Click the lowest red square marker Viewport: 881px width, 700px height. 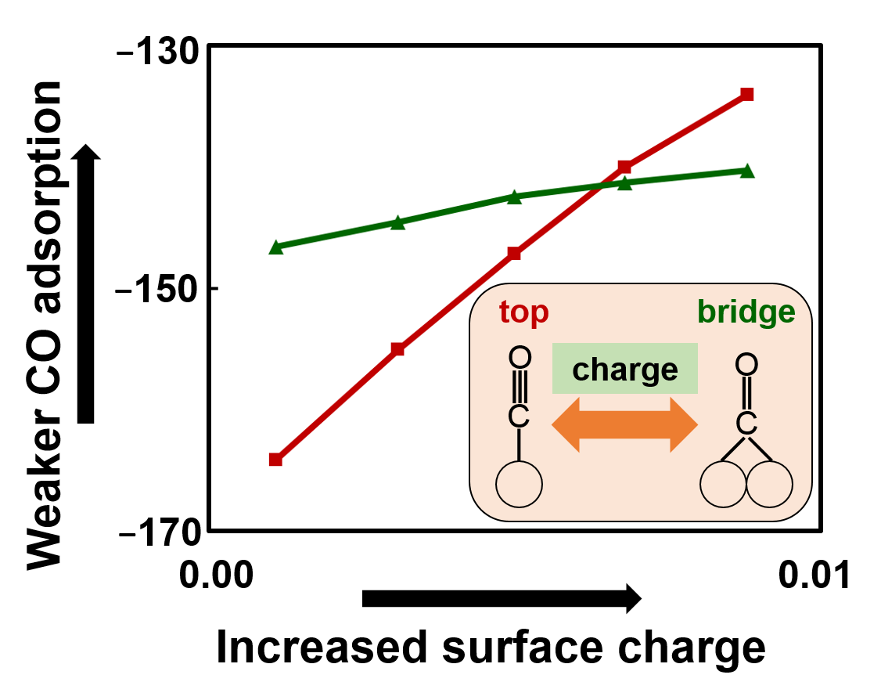pyautogui.click(x=275, y=460)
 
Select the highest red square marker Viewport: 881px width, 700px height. pyautogui.click(x=747, y=95)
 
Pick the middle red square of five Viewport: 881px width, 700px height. pyautogui.click(x=514, y=253)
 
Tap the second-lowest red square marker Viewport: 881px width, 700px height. pyautogui.click(x=397, y=349)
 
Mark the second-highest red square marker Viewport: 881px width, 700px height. pyautogui.click(x=624, y=167)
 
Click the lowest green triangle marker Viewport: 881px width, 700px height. pyautogui.click(x=276, y=247)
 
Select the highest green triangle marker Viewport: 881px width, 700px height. pyautogui.click(x=747, y=171)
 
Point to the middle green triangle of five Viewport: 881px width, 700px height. pyautogui.click(x=514, y=197)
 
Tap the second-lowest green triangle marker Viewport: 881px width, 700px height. pyautogui.click(x=397, y=223)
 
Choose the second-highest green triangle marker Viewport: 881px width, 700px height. pyautogui.click(x=624, y=183)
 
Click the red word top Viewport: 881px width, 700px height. pyautogui.click(x=524, y=312)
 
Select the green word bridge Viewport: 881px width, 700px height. pyautogui.click(x=746, y=312)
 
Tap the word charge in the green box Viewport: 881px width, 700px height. pyautogui.click(x=625, y=370)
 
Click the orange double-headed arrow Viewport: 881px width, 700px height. pyautogui.click(x=625, y=424)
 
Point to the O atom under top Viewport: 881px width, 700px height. pyautogui.click(x=520, y=358)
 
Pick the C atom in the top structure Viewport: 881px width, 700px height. pyautogui.click(x=519, y=417)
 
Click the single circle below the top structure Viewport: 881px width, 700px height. pyautogui.click(x=519, y=484)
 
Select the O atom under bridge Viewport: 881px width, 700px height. pyautogui.click(x=746, y=364)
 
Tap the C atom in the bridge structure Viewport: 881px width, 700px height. pyautogui.click(x=746, y=424)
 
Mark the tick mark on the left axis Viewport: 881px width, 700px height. pyautogui.click(x=214, y=289)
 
